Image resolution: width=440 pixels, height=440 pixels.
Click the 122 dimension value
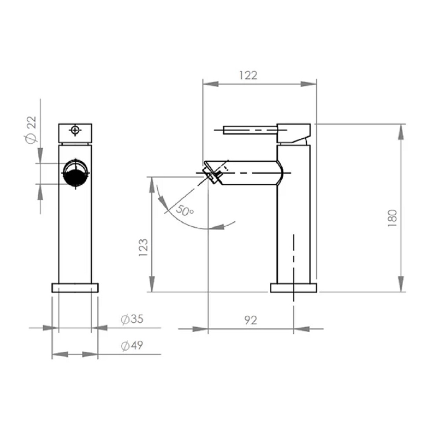(x=248, y=75)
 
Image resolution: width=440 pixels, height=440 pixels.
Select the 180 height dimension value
(x=392, y=218)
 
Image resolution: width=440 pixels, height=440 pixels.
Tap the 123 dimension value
(x=143, y=247)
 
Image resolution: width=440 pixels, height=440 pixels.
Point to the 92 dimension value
(x=251, y=320)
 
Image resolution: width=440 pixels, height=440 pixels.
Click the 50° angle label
(x=185, y=210)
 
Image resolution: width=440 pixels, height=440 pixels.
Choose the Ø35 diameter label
(x=132, y=319)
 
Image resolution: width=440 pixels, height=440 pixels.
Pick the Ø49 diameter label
(x=132, y=345)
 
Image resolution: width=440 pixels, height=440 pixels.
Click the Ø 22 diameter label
(x=31, y=129)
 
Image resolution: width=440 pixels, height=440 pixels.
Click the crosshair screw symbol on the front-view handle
(x=75, y=130)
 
